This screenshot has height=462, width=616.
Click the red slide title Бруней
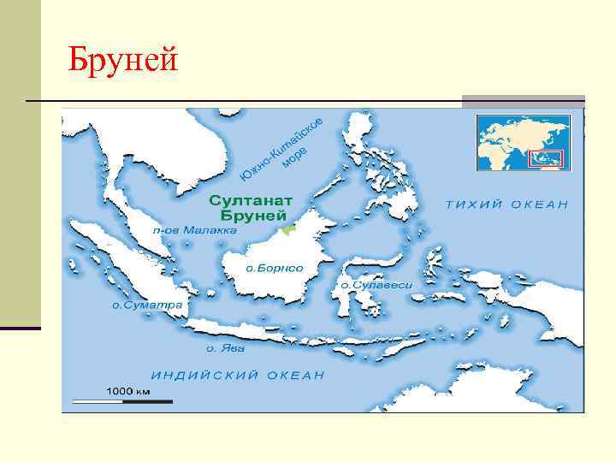[x=124, y=61]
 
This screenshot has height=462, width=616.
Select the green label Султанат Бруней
[x=252, y=207]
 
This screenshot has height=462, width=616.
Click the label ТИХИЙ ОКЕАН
[x=507, y=204]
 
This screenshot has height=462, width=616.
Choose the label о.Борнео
[x=275, y=268]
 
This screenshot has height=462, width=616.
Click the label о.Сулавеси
[x=376, y=284]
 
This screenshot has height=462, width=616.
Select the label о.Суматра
[x=145, y=304]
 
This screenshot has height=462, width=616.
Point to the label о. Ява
[x=225, y=348]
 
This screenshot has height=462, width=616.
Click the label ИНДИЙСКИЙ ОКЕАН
[x=238, y=375]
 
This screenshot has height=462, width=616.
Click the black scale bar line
[x=121, y=400]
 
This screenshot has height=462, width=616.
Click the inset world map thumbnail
[x=521, y=142]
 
